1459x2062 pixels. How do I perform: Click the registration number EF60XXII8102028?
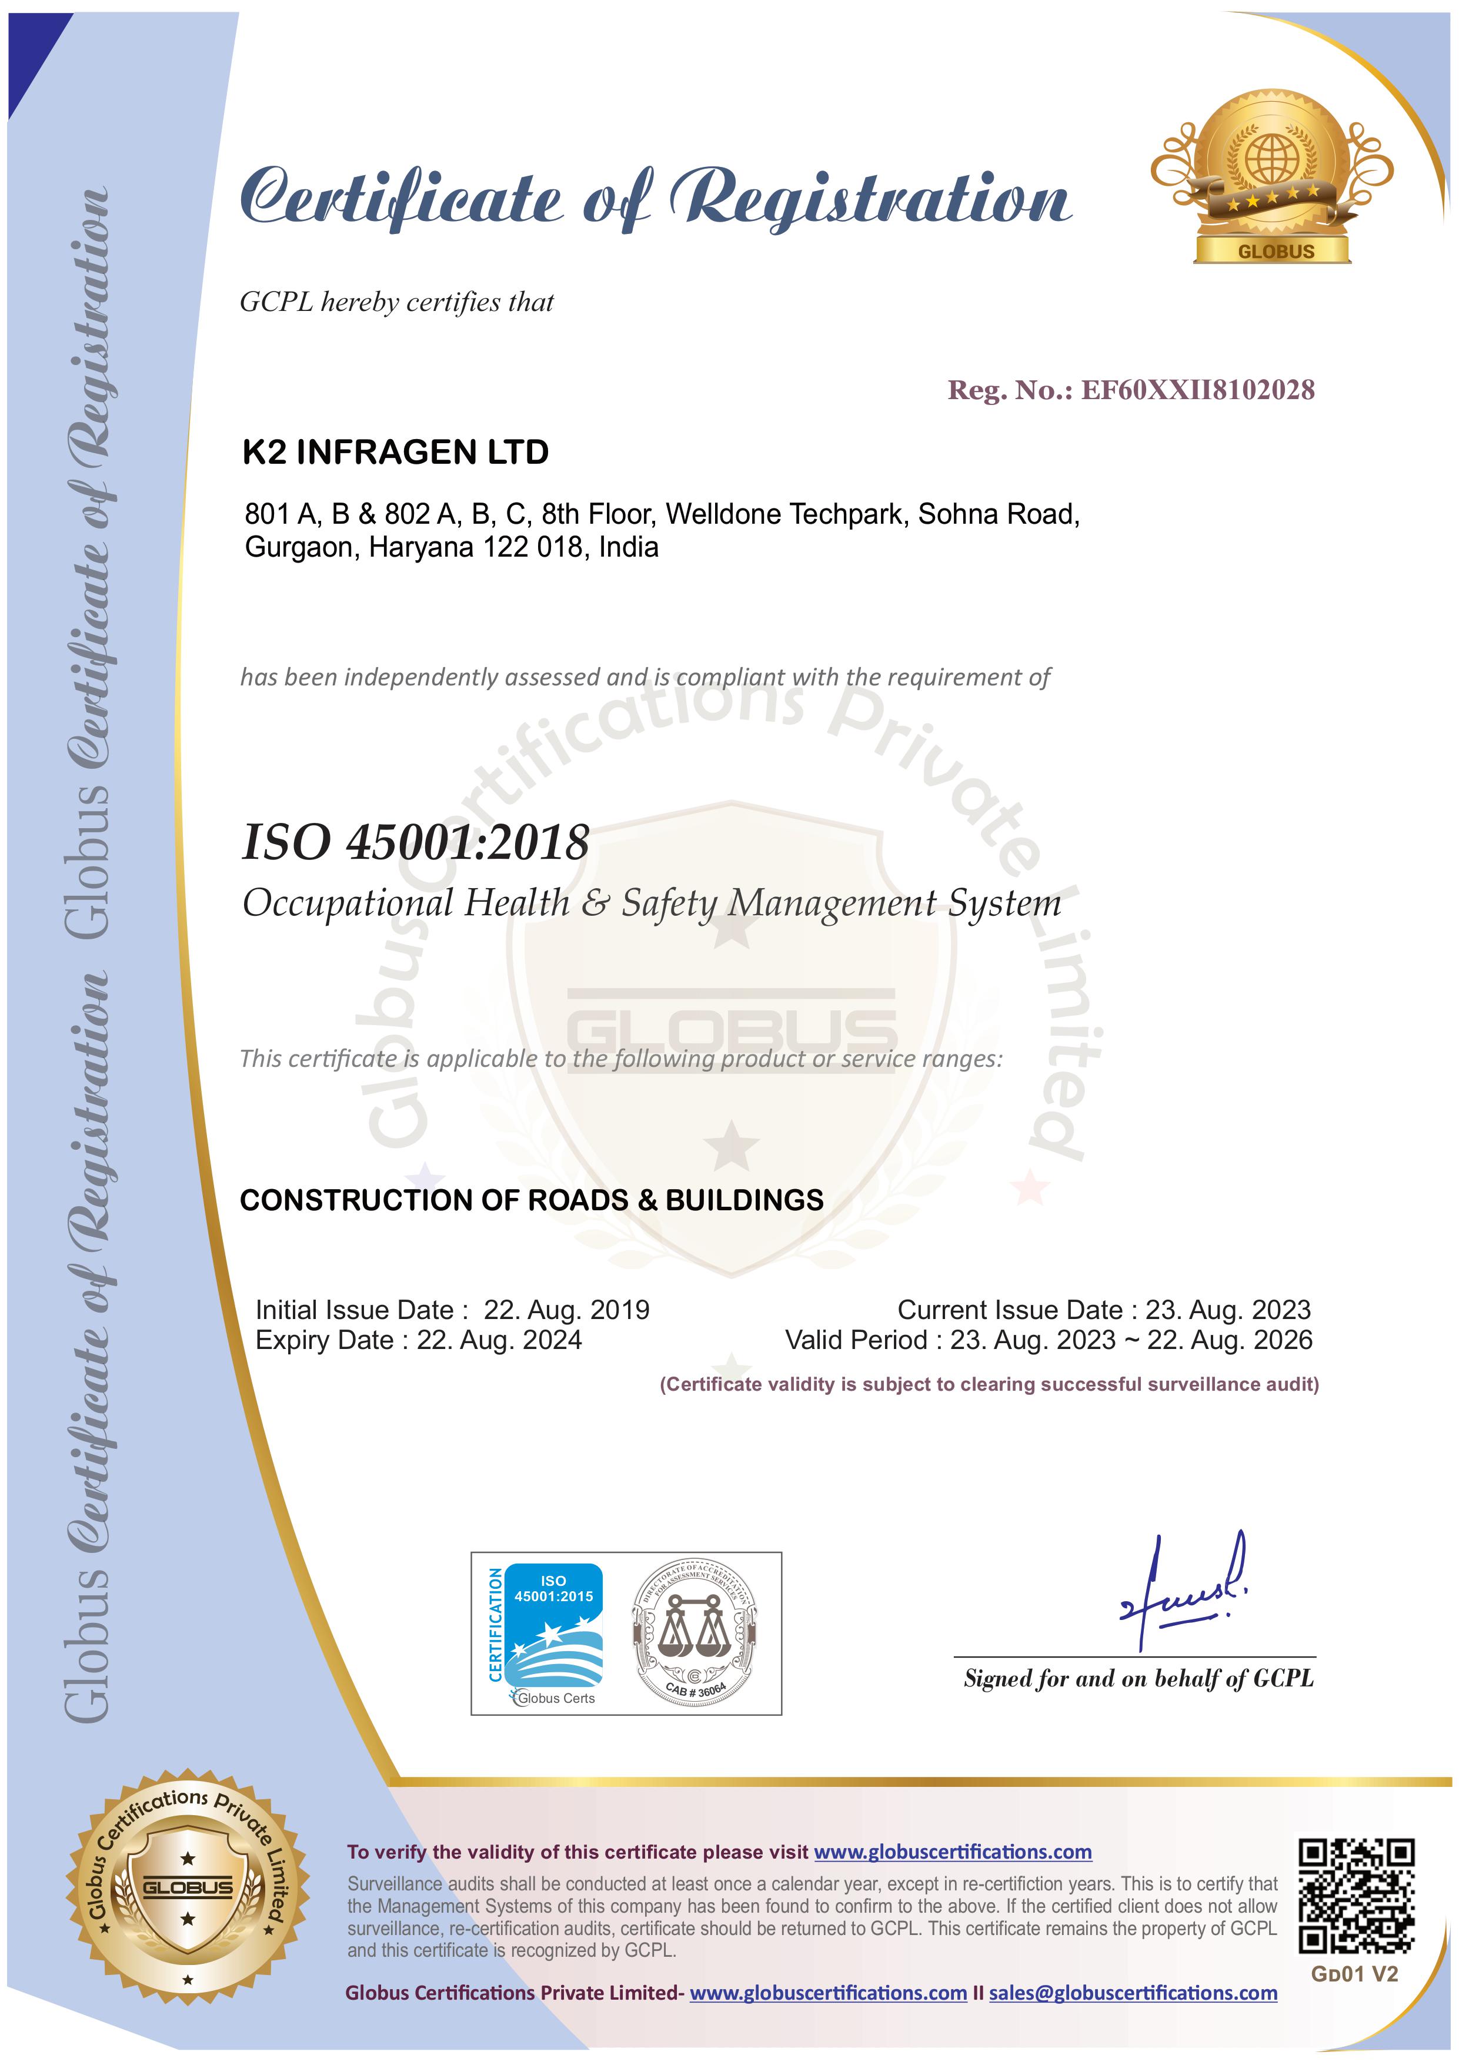pyautogui.click(x=1197, y=390)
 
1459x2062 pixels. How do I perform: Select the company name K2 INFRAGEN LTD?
pyautogui.click(x=395, y=452)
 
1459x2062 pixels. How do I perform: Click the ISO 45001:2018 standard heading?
pyautogui.click(x=415, y=842)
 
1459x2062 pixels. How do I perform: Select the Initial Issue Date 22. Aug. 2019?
pyautogui.click(x=566, y=1310)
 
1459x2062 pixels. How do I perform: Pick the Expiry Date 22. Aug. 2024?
pyautogui.click(x=499, y=1340)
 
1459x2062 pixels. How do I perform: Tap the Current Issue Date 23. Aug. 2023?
pyautogui.click(x=1227, y=1310)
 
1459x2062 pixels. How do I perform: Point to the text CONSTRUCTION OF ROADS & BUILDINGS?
pyautogui.click(x=531, y=1201)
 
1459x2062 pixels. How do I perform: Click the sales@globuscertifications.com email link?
pyautogui.click(x=1132, y=1993)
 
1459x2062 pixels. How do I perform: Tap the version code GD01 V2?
pyautogui.click(x=1354, y=1974)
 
